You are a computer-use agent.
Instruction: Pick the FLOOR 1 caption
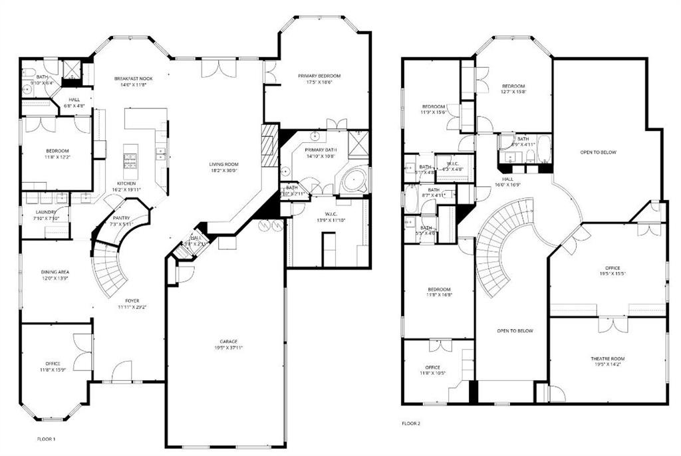click(x=46, y=439)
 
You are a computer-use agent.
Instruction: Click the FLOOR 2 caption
click(x=410, y=423)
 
